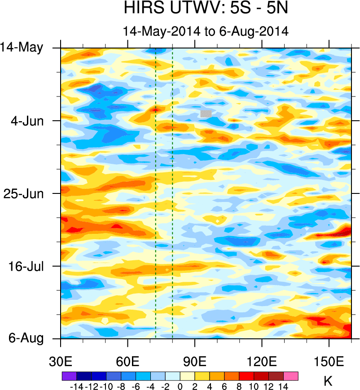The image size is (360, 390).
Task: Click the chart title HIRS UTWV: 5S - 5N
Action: [x=206, y=9]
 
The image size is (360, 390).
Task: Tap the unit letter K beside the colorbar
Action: [x=328, y=381]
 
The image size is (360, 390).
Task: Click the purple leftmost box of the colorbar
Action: [x=69, y=376]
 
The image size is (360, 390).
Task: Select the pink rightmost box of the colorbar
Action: [x=291, y=376]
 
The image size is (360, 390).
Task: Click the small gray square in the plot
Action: [x=206, y=114]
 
